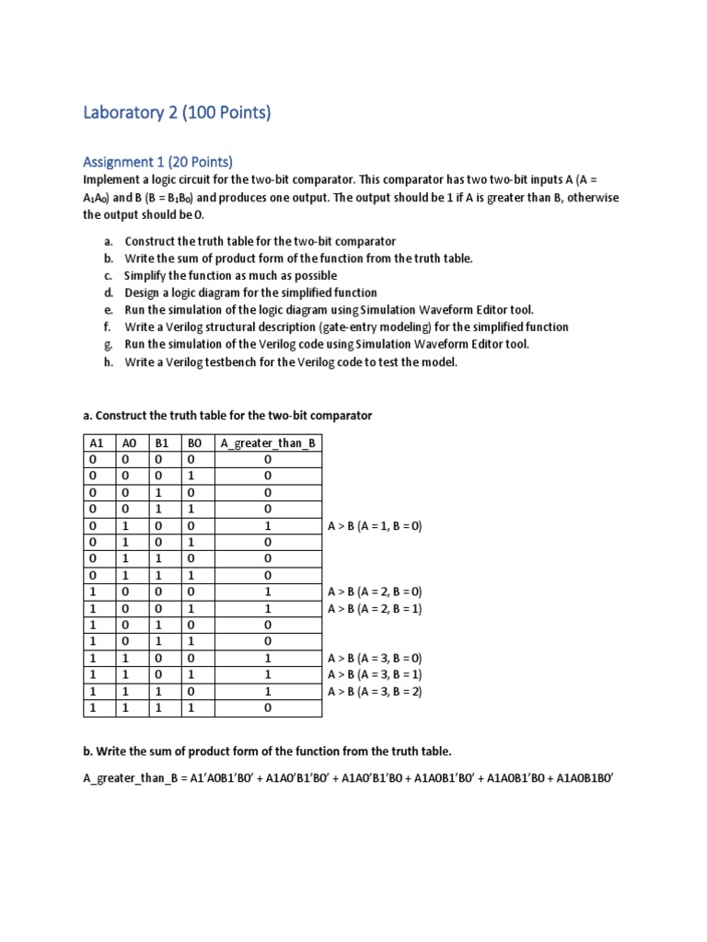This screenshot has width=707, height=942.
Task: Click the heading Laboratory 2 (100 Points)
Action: click(177, 114)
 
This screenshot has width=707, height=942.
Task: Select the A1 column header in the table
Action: click(97, 442)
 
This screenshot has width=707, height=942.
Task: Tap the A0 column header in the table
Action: click(129, 442)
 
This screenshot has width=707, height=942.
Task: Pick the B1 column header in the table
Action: click(161, 442)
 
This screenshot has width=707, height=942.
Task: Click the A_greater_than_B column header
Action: click(267, 442)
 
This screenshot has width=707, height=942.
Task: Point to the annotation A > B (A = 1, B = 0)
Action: click(375, 526)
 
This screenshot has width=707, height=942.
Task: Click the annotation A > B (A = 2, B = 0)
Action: click(375, 592)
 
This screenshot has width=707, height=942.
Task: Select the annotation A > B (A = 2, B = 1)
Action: click(375, 609)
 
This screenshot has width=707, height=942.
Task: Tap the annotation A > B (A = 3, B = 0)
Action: click(375, 659)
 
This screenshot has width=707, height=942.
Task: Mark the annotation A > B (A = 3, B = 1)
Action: click(375, 675)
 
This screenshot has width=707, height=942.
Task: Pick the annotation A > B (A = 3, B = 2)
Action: click(375, 692)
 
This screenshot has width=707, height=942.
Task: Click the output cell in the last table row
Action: click(267, 708)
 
